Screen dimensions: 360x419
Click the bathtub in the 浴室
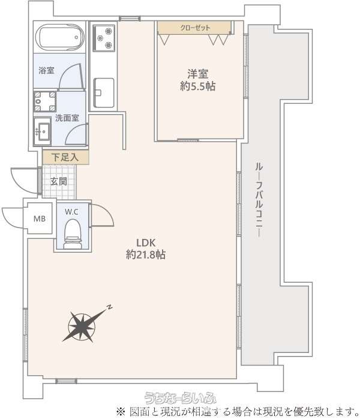(x=60, y=37)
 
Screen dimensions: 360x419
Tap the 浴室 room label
(x=46, y=71)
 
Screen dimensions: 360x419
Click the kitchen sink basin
(x=104, y=92)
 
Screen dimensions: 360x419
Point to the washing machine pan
(x=45, y=101)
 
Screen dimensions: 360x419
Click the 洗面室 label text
(x=67, y=118)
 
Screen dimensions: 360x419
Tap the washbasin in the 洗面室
(x=43, y=131)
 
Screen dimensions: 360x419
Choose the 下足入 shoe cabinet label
(x=65, y=157)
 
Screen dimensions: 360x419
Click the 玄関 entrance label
(x=58, y=181)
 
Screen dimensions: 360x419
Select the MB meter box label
(x=40, y=219)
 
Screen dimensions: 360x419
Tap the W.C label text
(x=71, y=212)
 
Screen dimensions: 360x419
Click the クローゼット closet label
(x=195, y=28)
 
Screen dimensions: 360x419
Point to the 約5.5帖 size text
(x=198, y=86)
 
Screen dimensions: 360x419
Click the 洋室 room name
(x=197, y=74)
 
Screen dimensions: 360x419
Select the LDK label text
(x=146, y=243)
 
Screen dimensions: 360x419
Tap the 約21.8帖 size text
(x=146, y=255)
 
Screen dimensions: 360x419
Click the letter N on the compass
(x=109, y=307)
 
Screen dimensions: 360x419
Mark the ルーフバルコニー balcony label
(x=259, y=200)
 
